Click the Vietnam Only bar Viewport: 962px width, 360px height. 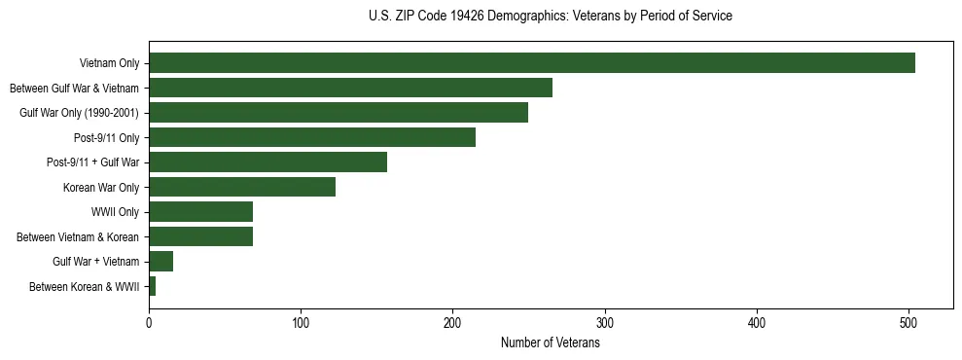point(531,63)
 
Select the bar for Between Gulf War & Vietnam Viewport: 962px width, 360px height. point(350,88)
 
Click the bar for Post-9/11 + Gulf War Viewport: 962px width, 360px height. point(267,162)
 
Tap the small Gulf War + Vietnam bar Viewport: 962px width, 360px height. point(160,262)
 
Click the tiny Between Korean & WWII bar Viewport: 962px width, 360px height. point(152,286)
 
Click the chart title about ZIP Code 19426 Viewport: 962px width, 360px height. point(551,17)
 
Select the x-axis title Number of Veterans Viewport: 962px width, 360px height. point(550,343)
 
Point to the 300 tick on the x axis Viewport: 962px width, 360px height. point(605,321)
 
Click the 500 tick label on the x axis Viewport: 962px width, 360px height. point(909,321)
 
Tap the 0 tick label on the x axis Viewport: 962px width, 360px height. point(149,321)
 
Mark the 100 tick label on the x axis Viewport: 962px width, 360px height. point(301,321)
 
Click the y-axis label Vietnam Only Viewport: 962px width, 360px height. point(110,63)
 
